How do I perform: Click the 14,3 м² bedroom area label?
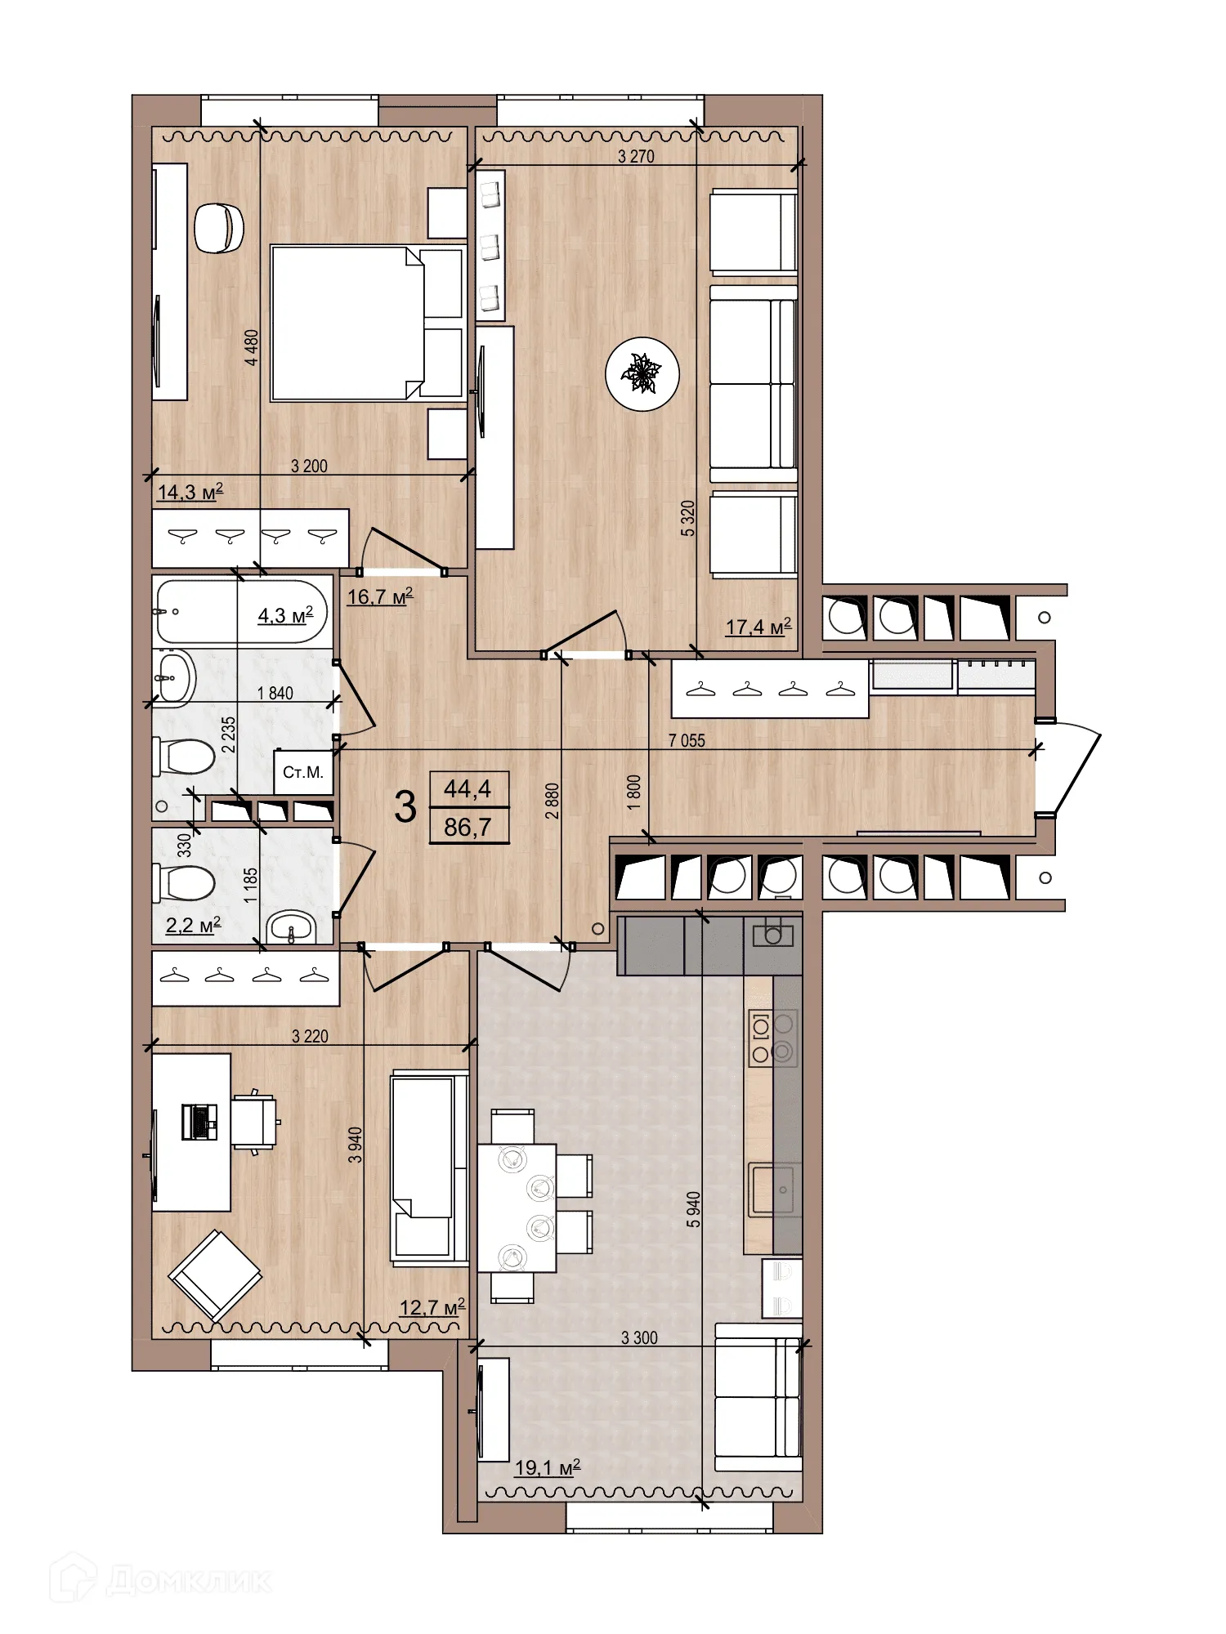190,492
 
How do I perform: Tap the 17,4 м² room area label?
758,627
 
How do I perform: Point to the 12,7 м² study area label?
432,1307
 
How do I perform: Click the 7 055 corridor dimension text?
687,740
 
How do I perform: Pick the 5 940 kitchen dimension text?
693,1209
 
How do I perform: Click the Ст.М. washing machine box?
303,772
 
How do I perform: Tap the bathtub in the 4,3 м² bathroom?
241,612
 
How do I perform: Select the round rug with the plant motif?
642,374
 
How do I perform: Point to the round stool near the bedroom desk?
219,228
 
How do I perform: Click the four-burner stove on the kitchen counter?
772,1038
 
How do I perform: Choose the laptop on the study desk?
199,1121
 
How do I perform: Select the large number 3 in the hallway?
405,807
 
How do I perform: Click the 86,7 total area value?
468,827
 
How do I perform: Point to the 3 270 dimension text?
636,156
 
